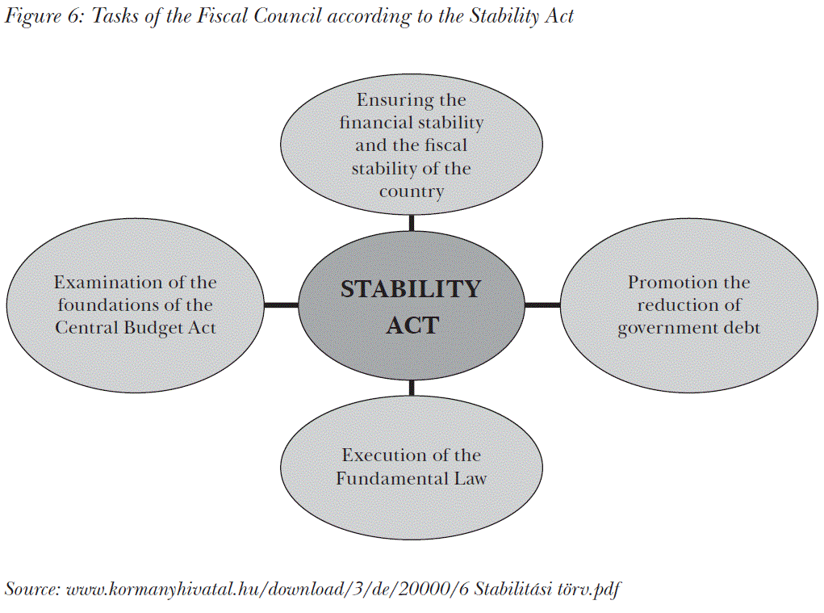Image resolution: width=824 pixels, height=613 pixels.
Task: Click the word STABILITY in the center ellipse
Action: (411, 289)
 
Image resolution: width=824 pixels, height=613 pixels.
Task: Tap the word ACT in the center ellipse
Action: (412, 325)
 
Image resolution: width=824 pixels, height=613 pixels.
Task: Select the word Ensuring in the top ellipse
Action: (384, 100)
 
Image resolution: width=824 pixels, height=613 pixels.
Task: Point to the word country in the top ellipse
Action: (412, 192)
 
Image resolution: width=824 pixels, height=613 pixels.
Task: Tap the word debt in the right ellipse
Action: (741, 328)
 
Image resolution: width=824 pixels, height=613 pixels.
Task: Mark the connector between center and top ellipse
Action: (412, 223)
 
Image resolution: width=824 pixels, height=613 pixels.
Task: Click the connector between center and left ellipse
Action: (281, 304)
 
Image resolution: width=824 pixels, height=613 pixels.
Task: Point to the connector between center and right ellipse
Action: (542, 304)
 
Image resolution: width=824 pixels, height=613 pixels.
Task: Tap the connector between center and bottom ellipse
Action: (412, 388)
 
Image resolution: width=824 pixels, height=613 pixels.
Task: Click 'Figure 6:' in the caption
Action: (44, 17)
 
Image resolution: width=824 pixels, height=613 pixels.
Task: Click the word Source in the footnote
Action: (31, 589)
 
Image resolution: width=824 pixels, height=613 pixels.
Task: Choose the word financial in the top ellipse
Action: (376, 124)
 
